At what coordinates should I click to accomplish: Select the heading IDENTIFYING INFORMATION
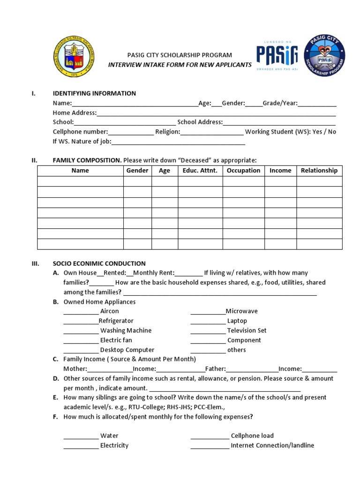[x=94, y=93]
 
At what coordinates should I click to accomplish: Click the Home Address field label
[x=75, y=112]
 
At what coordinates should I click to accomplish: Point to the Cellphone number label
[x=80, y=132]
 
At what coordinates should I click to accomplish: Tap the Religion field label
[x=167, y=132]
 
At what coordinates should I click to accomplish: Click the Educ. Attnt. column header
[x=200, y=171]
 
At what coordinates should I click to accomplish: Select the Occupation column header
[x=243, y=171]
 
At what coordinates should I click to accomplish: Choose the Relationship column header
[x=319, y=171]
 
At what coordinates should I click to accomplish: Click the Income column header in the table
[x=280, y=171]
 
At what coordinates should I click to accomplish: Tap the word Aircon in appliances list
[x=110, y=311]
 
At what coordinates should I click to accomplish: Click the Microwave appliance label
[x=241, y=311]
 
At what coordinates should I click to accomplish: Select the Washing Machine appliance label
[x=126, y=330]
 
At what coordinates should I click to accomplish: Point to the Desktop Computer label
[x=127, y=350]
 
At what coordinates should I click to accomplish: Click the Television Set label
[x=247, y=330]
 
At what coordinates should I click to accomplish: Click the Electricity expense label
[x=114, y=445]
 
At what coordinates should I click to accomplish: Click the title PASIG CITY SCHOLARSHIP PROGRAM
[x=180, y=55]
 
